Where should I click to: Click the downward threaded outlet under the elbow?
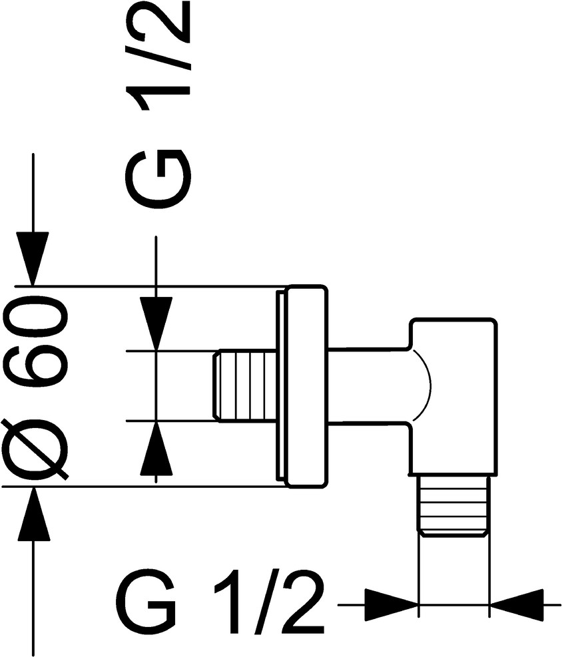pyautogui.click(x=453, y=505)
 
